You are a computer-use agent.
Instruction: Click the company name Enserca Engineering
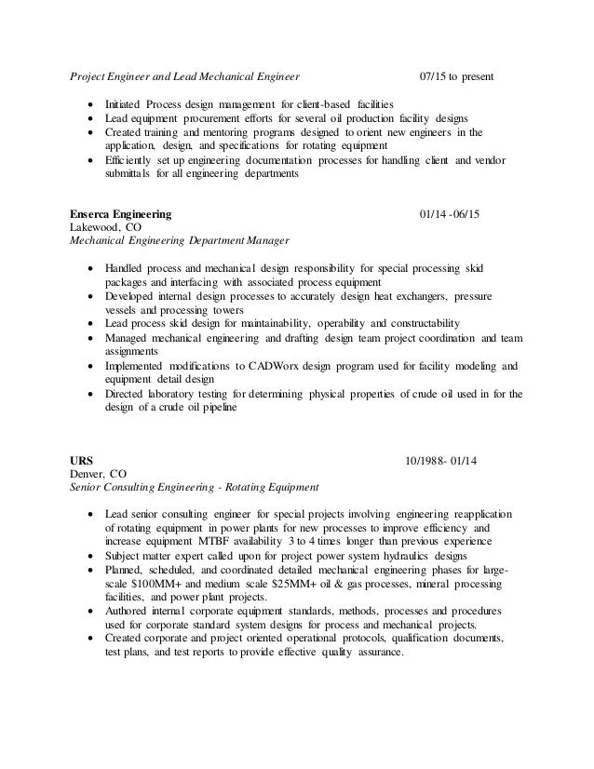120,213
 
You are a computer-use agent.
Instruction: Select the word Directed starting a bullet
128,394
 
